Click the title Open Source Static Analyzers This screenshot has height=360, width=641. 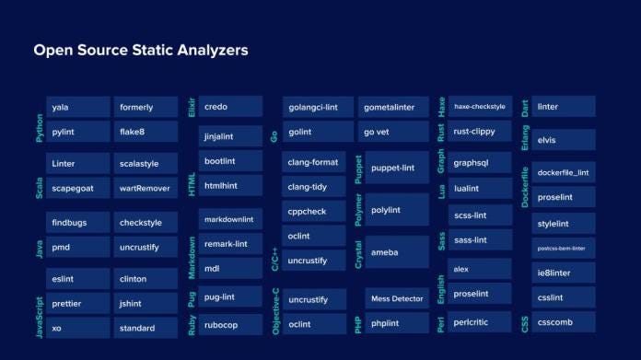(x=141, y=50)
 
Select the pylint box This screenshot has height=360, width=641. (x=77, y=132)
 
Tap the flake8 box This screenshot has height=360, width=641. (x=146, y=132)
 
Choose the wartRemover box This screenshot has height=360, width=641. (x=146, y=188)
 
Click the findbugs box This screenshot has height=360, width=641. (x=77, y=223)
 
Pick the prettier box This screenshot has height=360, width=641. (x=77, y=303)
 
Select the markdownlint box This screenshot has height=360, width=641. (x=230, y=219)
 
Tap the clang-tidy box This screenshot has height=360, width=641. (x=314, y=187)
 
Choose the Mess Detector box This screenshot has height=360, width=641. (x=396, y=299)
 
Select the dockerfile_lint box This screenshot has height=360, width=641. (x=563, y=172)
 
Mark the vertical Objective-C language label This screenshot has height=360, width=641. (x=275, y=310)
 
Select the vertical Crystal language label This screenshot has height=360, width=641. (x=358, y=252)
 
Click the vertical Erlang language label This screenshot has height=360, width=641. (x=524, y=138)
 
